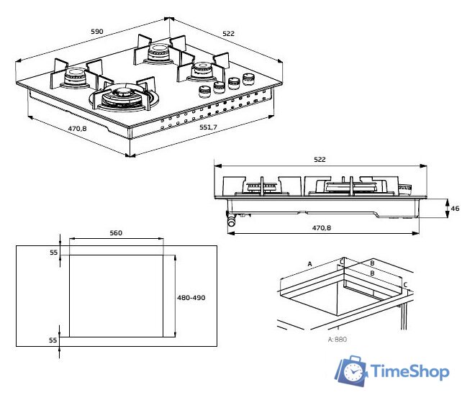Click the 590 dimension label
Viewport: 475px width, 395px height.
(97, 31)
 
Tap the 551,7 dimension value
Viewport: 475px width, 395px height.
(208, 127)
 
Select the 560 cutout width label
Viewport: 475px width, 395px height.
(116, 233)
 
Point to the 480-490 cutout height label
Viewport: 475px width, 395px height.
(191, 297)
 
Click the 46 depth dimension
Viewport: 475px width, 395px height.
(455, 209)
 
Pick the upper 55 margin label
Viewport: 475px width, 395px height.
(54, 252)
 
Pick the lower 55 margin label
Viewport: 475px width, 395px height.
(53, 340)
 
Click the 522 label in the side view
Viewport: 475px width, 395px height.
(320, 159)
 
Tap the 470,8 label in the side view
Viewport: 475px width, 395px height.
(322, 227)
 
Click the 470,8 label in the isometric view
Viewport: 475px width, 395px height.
(77, 129)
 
